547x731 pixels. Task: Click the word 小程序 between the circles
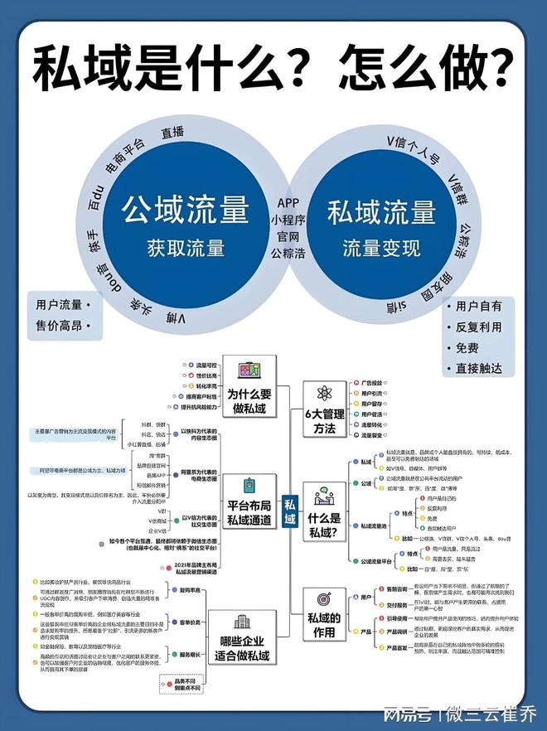click(x=288, y=220)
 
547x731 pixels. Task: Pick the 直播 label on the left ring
click(x=173, y=133)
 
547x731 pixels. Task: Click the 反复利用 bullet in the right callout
click(x=479, y=327)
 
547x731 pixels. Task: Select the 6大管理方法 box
click(x=323, y=422)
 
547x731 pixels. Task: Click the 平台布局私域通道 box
click(x=249, y=512)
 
